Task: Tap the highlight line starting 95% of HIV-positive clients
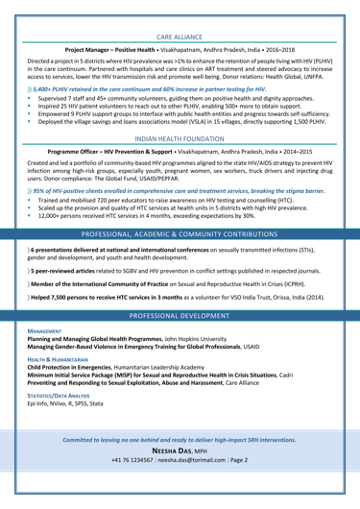pos(172,231)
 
